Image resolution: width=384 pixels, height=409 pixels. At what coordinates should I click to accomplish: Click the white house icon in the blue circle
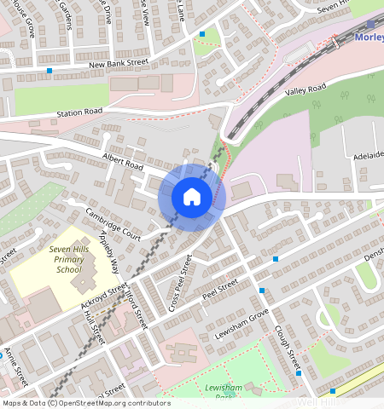point(192,197)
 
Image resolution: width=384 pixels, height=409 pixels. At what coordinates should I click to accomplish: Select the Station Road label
point(79,112)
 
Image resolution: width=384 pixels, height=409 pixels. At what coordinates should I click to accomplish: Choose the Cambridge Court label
point(113,222)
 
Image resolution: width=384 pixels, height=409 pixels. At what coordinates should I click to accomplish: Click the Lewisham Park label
point(220,391)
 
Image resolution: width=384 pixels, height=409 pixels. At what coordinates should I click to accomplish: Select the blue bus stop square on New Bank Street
point(49,70)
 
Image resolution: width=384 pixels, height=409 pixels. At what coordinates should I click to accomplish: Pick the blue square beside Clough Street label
point(298,372)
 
